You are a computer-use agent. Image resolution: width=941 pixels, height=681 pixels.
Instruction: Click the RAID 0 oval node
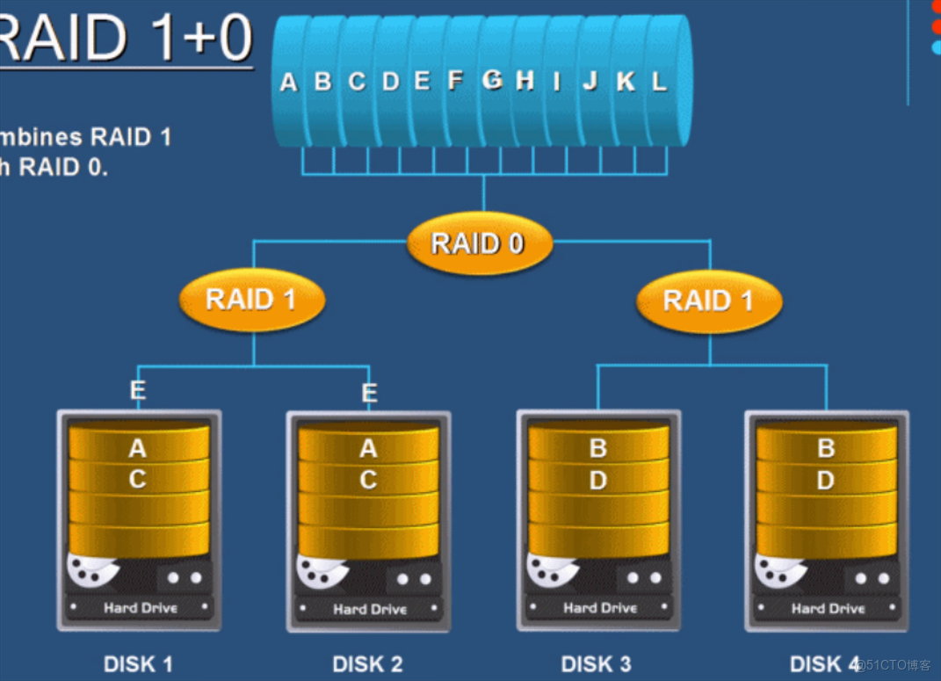(x=479, y=243)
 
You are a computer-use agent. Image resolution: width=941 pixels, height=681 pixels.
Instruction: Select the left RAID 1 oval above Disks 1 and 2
(x=251, y=300)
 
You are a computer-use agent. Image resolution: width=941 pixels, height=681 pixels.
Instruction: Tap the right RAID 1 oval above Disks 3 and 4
(x=708, y=301)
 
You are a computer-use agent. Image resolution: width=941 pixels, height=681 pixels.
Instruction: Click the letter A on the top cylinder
(x=288, y=83)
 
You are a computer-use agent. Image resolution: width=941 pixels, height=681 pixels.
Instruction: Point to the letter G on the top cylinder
(x=492, y=80)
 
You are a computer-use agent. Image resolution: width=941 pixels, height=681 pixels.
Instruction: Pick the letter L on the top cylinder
(x=658, y=82)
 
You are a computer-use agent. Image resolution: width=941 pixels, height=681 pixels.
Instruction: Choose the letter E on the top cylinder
(x=422, y=81)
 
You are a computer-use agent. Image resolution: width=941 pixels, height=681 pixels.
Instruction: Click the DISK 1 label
(x=138, y=663)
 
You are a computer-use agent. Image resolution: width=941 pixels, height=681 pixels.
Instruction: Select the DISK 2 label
(x=367, y=663)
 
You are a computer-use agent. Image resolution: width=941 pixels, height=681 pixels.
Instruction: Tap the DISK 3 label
(x=597, y=663)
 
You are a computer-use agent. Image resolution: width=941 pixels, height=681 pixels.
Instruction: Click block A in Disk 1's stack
(x=138, y=449)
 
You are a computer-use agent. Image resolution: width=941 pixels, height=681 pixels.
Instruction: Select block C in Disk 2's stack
(x=368, y=481)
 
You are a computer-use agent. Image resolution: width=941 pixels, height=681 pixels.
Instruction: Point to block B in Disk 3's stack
(x=598, y=449)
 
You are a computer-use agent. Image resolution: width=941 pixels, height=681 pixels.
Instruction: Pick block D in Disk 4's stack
(x=826, y=481)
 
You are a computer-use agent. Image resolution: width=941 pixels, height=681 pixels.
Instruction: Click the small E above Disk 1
(x=138, y=390)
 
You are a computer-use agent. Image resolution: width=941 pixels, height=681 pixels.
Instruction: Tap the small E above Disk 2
(x=370, y=393)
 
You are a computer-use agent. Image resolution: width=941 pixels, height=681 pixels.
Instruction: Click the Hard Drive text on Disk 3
(x=600, y=607)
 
